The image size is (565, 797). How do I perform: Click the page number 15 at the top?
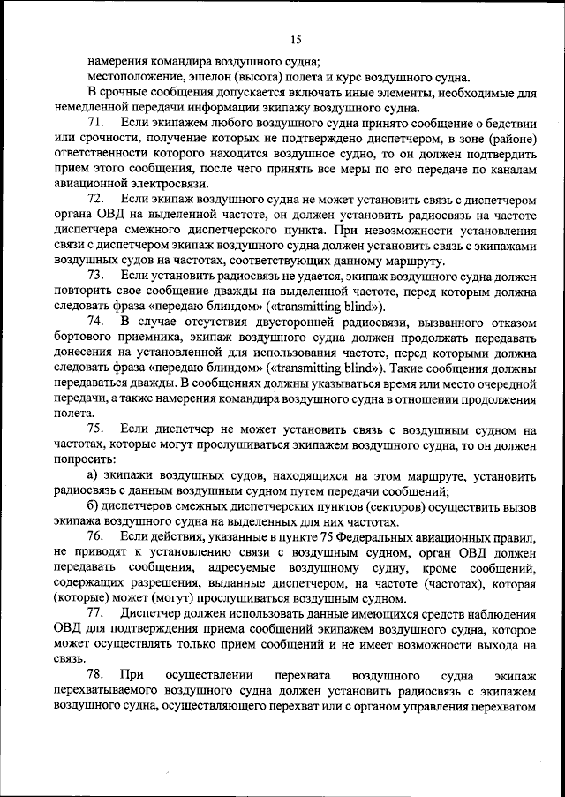296,39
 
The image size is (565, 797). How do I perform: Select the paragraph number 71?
98,120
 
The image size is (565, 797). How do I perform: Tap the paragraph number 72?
98,200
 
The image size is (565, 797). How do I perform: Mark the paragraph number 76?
98,536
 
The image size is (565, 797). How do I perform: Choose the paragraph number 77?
98,613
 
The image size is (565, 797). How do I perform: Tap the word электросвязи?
172,184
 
